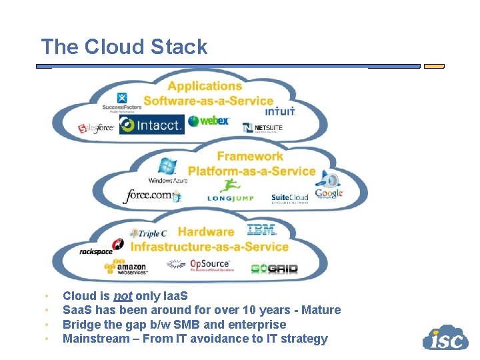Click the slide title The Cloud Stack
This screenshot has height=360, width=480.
(x=124, y=47)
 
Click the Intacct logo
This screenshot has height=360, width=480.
(x=151, y=125)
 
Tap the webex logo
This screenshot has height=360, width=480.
(x=209, y=121)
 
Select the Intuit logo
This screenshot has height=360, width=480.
(x=280, y=111)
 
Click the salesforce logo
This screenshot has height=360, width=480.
(x=96, y=128)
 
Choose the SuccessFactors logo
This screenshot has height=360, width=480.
(x=122, y=103)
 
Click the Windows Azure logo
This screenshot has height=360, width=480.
(x=167, y=171)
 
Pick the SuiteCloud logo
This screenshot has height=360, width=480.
(x=289, y=198)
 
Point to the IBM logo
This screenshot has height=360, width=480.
(x=261, y=230)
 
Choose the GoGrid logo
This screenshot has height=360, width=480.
(x=274, y=269)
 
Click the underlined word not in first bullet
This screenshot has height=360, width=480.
(x=121, y=295)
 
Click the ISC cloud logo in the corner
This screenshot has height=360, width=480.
(x=445, y=338)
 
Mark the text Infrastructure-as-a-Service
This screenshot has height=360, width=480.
(x=209, y=247)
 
